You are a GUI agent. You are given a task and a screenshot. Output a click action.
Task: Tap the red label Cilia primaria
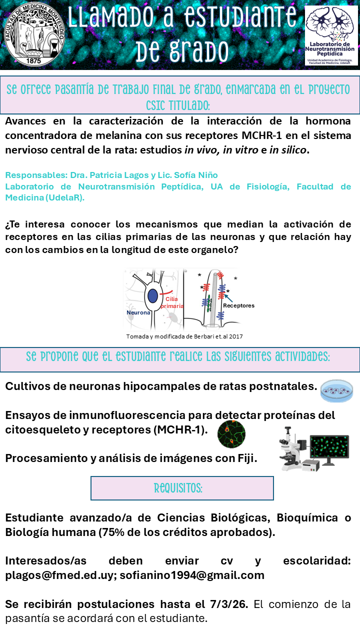click(171, 302)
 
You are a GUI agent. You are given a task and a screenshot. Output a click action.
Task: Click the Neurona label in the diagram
click(138, 312)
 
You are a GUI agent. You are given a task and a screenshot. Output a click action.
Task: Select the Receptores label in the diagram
click(238, 305)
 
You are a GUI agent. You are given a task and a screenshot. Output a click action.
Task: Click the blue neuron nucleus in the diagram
click(152, 296)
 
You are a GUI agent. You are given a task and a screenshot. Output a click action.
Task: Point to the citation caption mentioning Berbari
click(184, 336)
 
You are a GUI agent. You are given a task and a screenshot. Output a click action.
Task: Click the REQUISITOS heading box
click(182, 488)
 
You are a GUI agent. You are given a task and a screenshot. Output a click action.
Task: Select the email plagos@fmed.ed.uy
click(60, 575)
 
